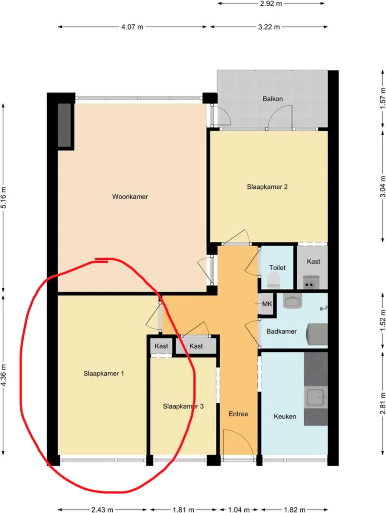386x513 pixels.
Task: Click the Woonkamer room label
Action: pyautogui.click(x=130, y=196)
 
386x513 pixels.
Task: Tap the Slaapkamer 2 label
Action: pyautogui.click(x=267, y=187)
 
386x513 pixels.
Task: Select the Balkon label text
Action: pyautogui.click(x=272, y=99)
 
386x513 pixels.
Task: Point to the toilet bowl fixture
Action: pyautogui.click(x=273, y=281)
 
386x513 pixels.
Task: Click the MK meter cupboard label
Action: pyautogui.click(x=267, y=304)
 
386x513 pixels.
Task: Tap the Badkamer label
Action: pyautogui.click(x=281, y=331)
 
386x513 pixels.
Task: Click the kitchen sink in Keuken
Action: pyautogui.click(x=315, y=397)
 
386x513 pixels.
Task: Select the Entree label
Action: pyautogui.click(x=238, y=414)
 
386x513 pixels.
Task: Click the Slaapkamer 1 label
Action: pyautogui.click(x=104, y=374)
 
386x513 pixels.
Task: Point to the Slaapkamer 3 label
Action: pyautogui.click(x=183, y=406)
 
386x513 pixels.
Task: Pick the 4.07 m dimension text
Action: pyautogui.click(x=132, y=27)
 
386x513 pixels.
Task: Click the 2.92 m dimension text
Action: pyautogui.click(x=271, y=4)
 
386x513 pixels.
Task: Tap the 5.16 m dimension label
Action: pyautogui.click(x=4, y=198)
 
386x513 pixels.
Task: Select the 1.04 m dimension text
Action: pyautogui.click(x=238, y=509)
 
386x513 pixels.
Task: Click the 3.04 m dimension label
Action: pyautogui.click(x=382, y=186)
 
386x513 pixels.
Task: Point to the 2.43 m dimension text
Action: pyautogui.click(x=102, y=509)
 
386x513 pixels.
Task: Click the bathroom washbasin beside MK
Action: pyautogui.click(x=293, y=301)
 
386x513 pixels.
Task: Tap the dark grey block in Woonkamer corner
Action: pyautogui.click(x=64, y=125)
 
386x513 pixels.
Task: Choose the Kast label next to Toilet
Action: pyautogui.click(x=313, y=261)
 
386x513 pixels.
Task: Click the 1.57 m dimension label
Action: pyautogui.click(x=382, y=98)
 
